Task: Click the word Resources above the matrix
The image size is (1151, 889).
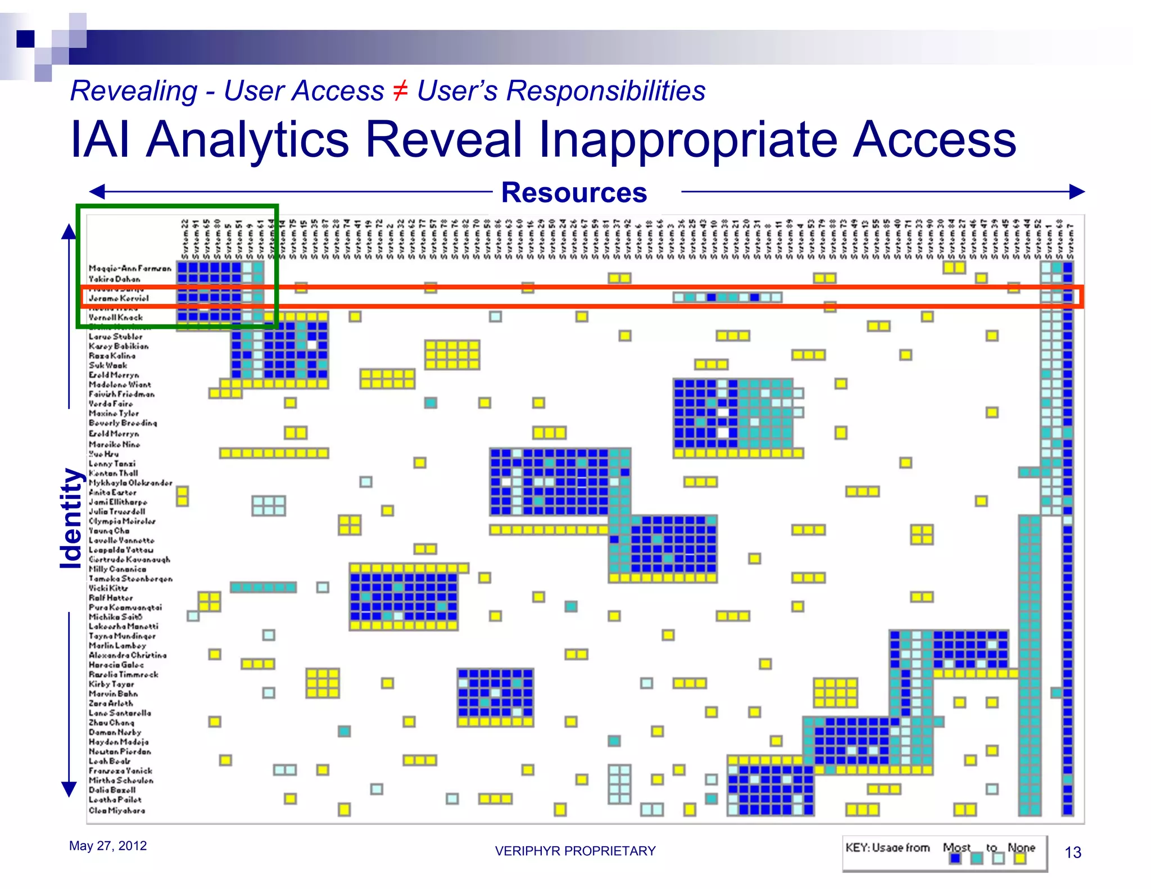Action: pyautogui.click(x=574, y=193)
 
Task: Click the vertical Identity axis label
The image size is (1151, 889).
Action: pyautogui.click(x=71, y=518)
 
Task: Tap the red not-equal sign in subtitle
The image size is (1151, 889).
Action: pyautogui.click(x=400, y=90)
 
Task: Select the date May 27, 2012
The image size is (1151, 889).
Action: pyautogui.click(x=108, y=846)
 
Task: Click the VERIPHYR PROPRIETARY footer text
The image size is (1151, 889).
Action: pyautogui.click(x=575, y=851)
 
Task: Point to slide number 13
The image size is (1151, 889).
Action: pyautogui.click(x=1072, y=852)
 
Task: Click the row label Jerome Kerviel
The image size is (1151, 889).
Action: pyautogui.click(x=119, y=298)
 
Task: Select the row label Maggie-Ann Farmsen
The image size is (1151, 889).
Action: pyautogui.click(x=130, y=269)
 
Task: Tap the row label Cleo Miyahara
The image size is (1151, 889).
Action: pyautogui.click(x=117, y=810)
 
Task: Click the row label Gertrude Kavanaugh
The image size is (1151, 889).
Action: pyautogui.click(x=129, y=560)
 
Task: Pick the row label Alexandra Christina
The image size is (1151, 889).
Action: pyautogui.click(x=128, y=655)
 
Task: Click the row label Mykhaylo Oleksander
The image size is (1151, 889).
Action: pyautogui.click(x=130, y=483)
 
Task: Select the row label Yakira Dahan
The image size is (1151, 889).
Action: pyautogui.click(x=115, y=279)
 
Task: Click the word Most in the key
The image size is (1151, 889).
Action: pyautogui.click(x=956, y=847)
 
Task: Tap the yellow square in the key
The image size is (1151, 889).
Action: pyautogui.click(x=1020, y=859)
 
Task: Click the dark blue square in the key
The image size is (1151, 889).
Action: pyautogui.click(x=955, y=859)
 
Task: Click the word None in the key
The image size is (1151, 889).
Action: pyautogui.click(x=1021, y=847)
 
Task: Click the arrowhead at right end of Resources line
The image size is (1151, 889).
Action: pyautogui.click(x=1077, y=192)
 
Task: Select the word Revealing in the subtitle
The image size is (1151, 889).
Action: pyautogui.click(x=134, y=91)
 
